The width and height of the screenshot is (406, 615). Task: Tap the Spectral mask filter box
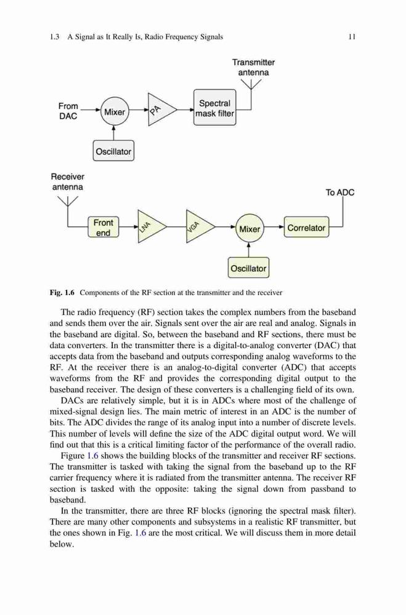[214, 108]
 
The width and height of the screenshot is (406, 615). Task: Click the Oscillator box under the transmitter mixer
[113, 151]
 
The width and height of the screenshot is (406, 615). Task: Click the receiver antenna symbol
[68, 201]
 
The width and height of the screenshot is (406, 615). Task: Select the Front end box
[103, 228]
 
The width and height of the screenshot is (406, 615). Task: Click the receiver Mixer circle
[250, 228]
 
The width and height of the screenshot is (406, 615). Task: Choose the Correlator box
[306, 228]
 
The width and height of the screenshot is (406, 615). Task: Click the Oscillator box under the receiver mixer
[248, 268]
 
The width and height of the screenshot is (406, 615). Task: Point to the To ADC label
[340, 192]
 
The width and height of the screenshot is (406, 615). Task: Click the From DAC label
[68, 111]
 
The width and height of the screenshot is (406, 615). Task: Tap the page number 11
[352, 37]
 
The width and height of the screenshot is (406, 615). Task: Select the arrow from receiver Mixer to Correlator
[274, 227]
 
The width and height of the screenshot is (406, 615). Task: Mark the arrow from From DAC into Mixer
[90, 110]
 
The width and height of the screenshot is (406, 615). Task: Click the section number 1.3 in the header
[54, 37]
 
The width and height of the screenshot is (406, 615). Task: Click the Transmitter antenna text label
[253, 67]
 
